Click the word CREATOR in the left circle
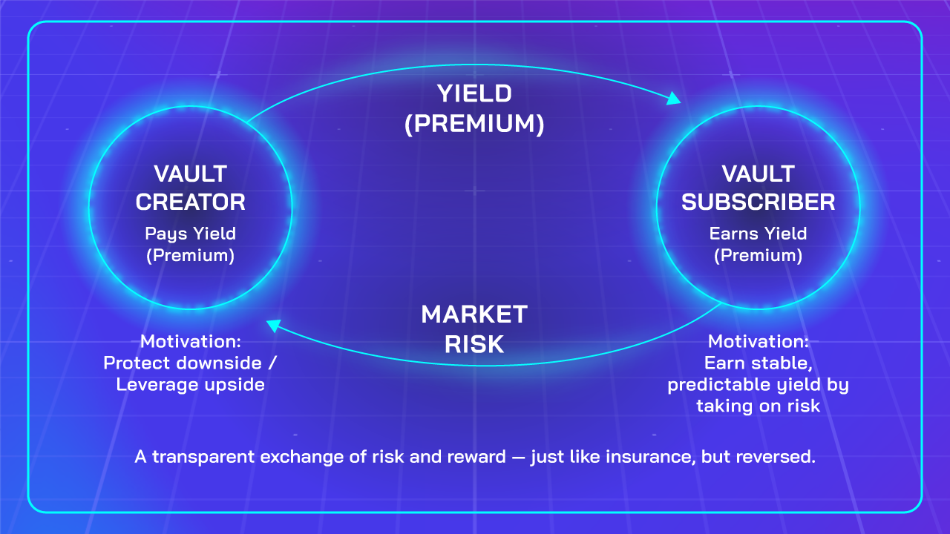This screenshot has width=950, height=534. tap(191, 202)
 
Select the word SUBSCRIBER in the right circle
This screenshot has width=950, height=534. tap(759, 202)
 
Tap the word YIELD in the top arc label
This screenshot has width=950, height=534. tap(474, 93)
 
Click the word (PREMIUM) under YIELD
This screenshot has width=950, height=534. tap(474, 123)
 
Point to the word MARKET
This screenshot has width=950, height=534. tap(474, 314)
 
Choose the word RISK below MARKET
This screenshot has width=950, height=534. tap(474, 343)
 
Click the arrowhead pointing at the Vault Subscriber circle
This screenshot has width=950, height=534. tap(673, 99)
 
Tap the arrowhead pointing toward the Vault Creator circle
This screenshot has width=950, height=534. tap(274, 326)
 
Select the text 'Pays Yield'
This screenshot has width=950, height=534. tap(191, 234)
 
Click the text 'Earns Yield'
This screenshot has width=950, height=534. tap(759, 234)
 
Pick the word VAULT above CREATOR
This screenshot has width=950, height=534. tap(191, 174)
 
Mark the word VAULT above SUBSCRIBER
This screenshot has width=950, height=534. tap(759, 174)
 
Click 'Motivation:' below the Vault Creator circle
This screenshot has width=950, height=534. tap(191, 341)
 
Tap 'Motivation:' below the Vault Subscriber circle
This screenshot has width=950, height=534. tap(759, 341)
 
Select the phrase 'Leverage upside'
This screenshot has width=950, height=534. tap(191, 385)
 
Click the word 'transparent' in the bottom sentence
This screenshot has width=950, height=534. tap(203, 458)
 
